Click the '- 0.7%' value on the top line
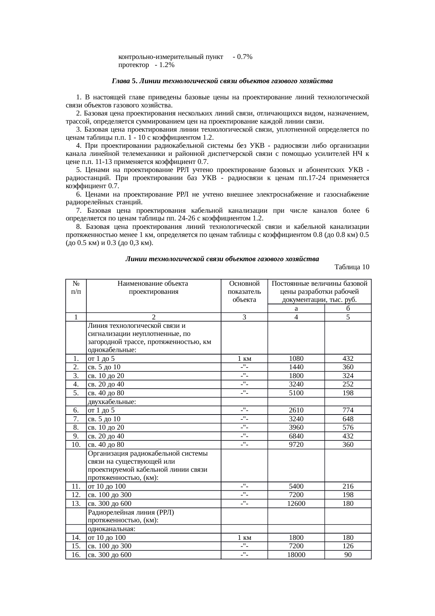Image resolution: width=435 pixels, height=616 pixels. coord(242,57)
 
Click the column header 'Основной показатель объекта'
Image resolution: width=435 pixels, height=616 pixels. coord(244,291)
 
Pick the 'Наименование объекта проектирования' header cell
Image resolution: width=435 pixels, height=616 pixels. coord(153,287)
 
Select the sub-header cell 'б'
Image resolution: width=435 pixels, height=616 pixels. coord(348,309)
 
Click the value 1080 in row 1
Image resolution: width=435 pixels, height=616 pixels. coord(296,359)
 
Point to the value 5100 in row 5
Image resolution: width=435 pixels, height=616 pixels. coord(296,393)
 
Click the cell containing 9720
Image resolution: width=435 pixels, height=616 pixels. coord(296,445)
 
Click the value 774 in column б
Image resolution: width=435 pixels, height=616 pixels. coord(348,410)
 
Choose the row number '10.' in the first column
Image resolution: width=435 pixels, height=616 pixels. coord(76,445)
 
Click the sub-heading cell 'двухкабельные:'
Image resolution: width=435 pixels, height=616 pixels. coord(112,402)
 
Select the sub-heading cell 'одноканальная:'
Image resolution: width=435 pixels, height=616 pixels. coord(112,529)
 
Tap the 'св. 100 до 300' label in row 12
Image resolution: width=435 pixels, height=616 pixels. coord(109,495)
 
